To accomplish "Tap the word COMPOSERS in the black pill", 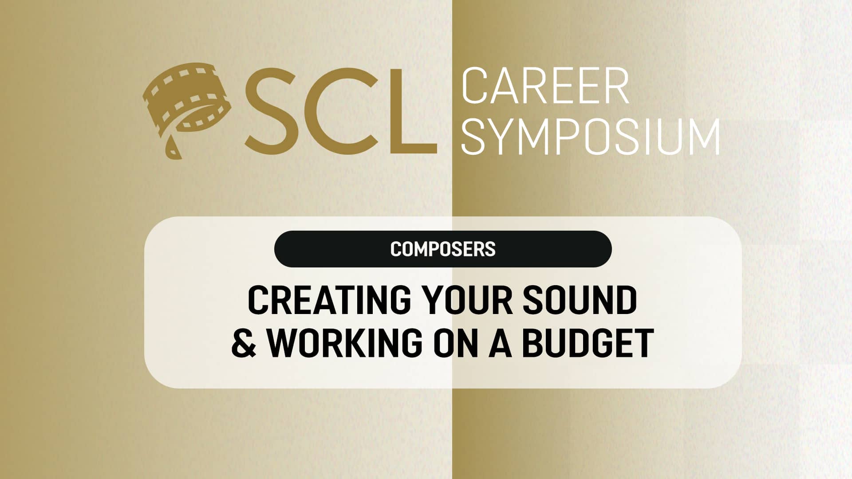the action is pos(443,249).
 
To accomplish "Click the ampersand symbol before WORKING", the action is pos(245,342).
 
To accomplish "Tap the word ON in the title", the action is pos(457,342).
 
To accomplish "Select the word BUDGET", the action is pos(588,342).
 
